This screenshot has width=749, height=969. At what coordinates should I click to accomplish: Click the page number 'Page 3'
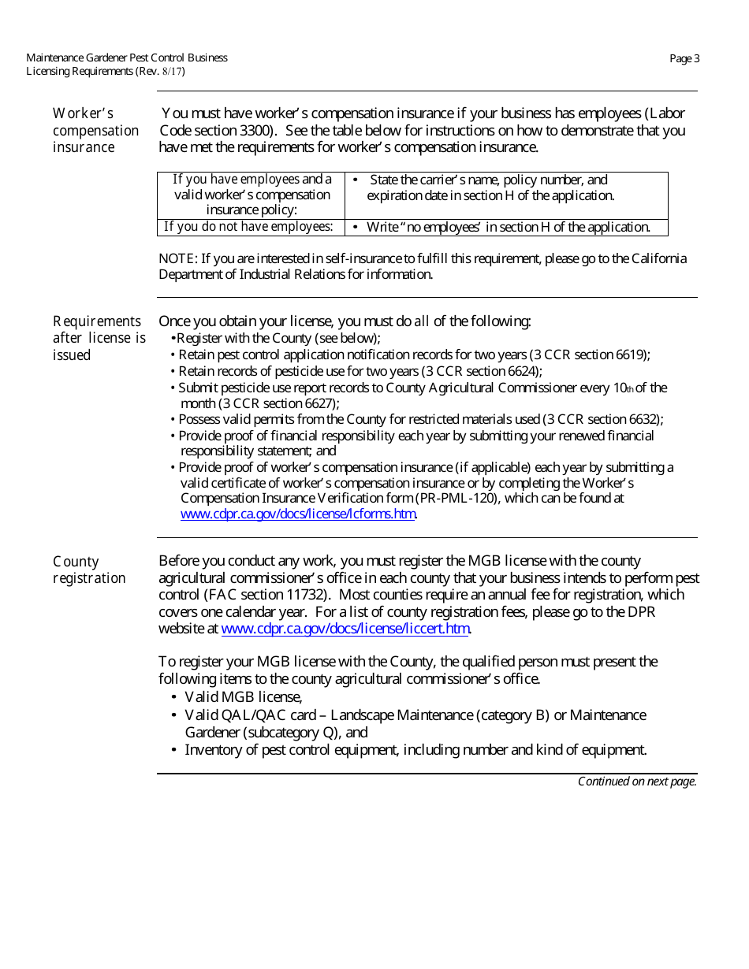[x=684, y=58]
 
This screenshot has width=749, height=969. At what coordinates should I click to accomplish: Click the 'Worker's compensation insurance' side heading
[x=95, y=131]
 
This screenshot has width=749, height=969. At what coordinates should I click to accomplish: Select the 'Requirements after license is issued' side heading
[x=99, y=338]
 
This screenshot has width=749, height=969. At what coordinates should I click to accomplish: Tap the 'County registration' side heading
[x=89, y=570]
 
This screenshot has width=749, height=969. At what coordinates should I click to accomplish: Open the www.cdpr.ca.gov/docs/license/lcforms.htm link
[x=298, y=514]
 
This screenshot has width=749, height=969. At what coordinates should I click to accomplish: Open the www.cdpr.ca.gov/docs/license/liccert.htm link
[x=345, y=629]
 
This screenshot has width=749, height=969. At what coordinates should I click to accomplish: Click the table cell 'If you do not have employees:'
[x=248, y=227]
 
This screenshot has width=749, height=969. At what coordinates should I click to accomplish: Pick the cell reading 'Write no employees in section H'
[x=508, y=227]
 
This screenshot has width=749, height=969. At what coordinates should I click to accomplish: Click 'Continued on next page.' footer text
[x=637, y=782]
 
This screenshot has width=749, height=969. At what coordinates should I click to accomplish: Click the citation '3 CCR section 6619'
[x=591, y=355]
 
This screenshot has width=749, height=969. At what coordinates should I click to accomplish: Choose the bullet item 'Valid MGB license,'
[x=243, y=697]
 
